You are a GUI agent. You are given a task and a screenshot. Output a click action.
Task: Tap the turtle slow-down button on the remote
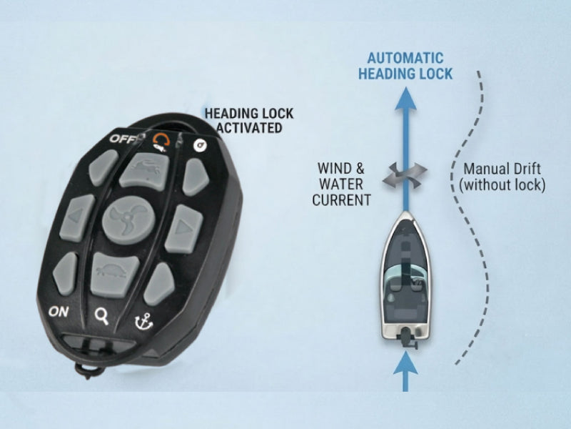coord(114,275)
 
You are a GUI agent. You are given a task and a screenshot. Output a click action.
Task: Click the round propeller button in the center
coord(128,220)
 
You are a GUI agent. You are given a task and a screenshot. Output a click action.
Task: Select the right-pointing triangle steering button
coord(184,229)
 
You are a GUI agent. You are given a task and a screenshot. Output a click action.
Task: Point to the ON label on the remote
coord(59,312)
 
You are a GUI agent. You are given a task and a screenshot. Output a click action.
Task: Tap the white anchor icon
coord(143,321)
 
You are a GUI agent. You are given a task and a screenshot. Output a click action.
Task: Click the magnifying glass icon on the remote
coord(101,316)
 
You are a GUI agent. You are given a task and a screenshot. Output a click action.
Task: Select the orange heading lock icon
coord(160,142)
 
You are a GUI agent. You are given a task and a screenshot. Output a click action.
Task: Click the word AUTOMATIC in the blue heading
coord(405,59)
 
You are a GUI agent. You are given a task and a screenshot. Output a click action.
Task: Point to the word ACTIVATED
coord(249,128)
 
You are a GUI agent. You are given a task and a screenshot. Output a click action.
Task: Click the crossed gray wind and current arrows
coord(405,175)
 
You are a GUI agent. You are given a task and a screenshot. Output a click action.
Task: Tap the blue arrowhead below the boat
coord(405,363)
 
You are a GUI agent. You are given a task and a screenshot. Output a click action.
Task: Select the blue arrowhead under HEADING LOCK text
coord(405,99)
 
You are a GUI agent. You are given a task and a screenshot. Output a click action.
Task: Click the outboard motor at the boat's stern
coord(405,337)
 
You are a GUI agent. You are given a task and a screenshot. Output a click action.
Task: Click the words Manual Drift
coord(502,169)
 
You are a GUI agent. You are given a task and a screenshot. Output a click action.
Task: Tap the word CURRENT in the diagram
coord(342,200)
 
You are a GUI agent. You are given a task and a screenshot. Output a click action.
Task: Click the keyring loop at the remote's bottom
coord(90,369)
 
